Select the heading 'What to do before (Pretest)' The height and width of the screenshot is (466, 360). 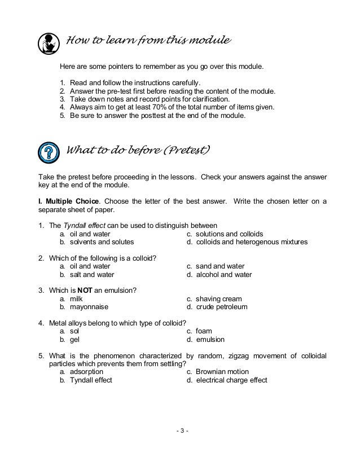(x=139, y=150)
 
